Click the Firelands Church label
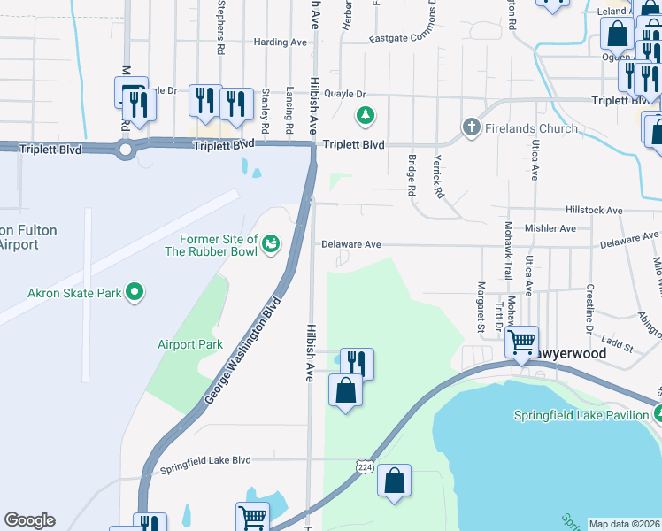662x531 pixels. tap(531, 128)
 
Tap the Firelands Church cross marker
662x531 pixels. tap(470, 128)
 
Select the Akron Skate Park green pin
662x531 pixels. tap(135, 290)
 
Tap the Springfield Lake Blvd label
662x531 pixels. tap(205, 460)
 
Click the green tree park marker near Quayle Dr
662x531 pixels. tap(364, 113)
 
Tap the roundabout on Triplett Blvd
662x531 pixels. tap(125, 150)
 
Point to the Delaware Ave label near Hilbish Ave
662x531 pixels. tap(350, 244)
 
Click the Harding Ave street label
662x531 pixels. tap(279, 42)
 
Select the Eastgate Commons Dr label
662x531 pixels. tap(404, 38)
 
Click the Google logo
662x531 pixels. tap(29, 520)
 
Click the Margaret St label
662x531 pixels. tap(481, 296)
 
